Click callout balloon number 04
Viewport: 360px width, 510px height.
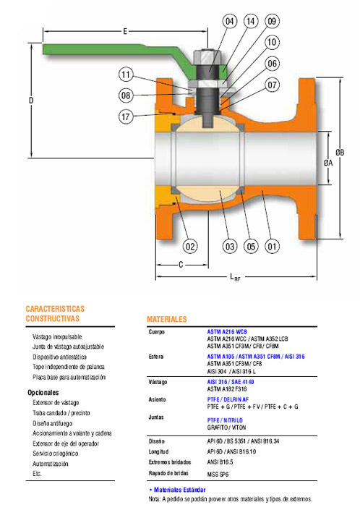(230, 22)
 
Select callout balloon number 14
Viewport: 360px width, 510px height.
(251, 22)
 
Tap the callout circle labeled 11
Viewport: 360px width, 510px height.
(126, 75)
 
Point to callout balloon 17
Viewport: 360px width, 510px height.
(126, 116)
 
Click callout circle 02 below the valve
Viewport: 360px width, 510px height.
(190, 246)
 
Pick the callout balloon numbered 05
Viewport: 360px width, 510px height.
(251, 246)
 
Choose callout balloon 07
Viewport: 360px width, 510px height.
(272, 85)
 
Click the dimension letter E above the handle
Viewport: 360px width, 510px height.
(125, 32)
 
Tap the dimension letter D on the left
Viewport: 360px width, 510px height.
(31, 100)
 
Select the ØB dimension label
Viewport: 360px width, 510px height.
(340, 152)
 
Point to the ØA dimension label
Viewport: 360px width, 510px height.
(328, 163)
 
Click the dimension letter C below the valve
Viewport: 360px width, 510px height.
(181, 265)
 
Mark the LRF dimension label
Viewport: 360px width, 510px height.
(235, 278)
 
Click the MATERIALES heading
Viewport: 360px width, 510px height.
(167, 319)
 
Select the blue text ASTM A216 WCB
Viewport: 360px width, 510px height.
(227, 332)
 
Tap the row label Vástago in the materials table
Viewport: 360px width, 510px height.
(158, 382)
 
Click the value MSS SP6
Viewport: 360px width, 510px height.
(218, 475)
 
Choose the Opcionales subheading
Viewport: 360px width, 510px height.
(43, 393)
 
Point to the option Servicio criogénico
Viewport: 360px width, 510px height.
(55, 454)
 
